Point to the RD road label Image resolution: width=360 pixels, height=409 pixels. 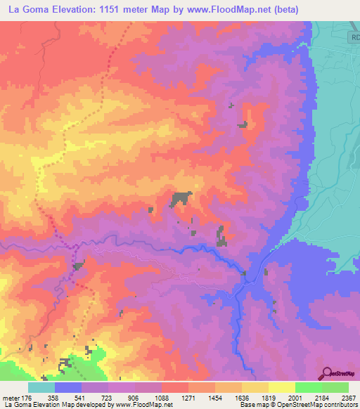(x=353, y=37)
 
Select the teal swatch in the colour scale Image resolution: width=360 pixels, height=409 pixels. (x=41, y=387)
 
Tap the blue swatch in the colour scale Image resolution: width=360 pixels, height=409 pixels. (x=68, y=387)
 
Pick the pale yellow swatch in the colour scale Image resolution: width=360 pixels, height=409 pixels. (x=282, y=387)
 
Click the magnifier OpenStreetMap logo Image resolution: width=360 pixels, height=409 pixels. (x=327, y=374)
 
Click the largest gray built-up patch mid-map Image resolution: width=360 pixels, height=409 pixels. (x=180, y=199)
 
